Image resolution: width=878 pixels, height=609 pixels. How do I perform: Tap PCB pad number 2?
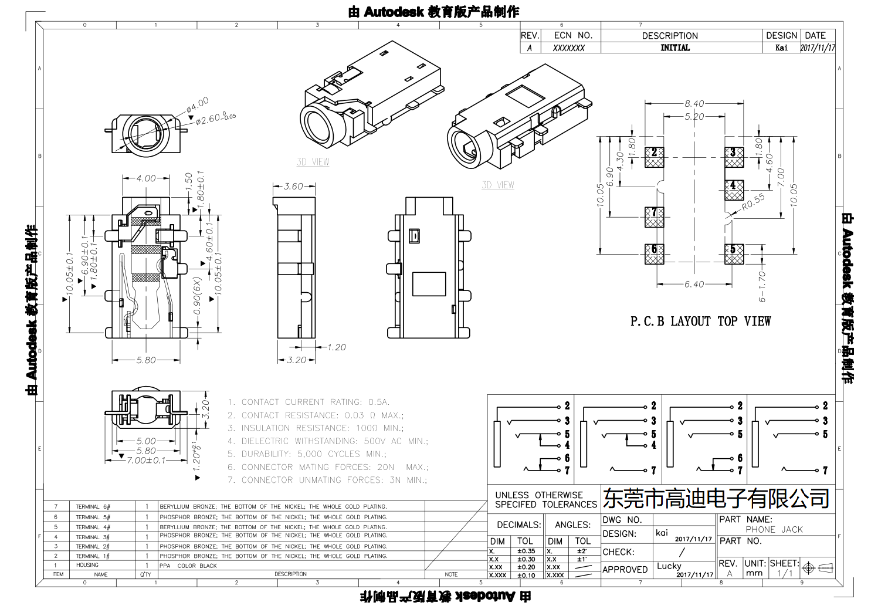(x=654, y=156)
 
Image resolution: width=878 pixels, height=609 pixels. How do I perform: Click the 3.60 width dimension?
(x=293, y=187)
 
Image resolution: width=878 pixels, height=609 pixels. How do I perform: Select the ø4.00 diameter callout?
(x=197, y=105)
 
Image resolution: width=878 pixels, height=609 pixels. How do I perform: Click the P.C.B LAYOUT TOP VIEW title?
(x=700, y=322)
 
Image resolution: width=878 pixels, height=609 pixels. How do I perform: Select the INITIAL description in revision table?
(x=675, y=48)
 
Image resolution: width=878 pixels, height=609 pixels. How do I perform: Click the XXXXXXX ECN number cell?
(x=568, y=48)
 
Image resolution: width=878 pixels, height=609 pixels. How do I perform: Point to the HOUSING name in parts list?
(x=87, y=565)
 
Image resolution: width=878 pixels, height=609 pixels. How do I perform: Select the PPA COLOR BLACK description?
(x=188, y=566)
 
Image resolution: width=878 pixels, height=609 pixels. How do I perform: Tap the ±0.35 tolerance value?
(x=526, y=551)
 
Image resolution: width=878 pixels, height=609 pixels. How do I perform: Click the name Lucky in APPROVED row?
(x=669, y=566)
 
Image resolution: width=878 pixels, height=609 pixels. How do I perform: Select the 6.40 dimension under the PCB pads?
(x=694, y=285)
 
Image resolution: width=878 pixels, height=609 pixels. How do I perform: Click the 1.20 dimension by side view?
(x=336, y=347)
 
